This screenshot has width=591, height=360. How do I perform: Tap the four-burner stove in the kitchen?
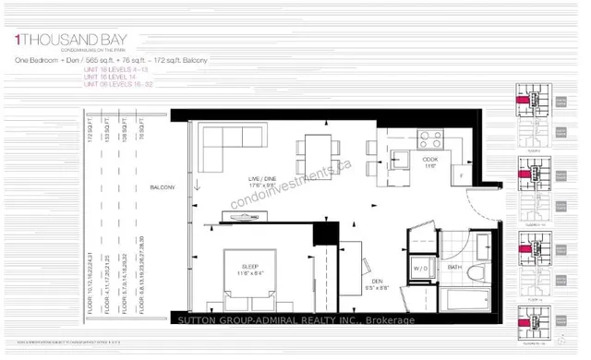431,139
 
